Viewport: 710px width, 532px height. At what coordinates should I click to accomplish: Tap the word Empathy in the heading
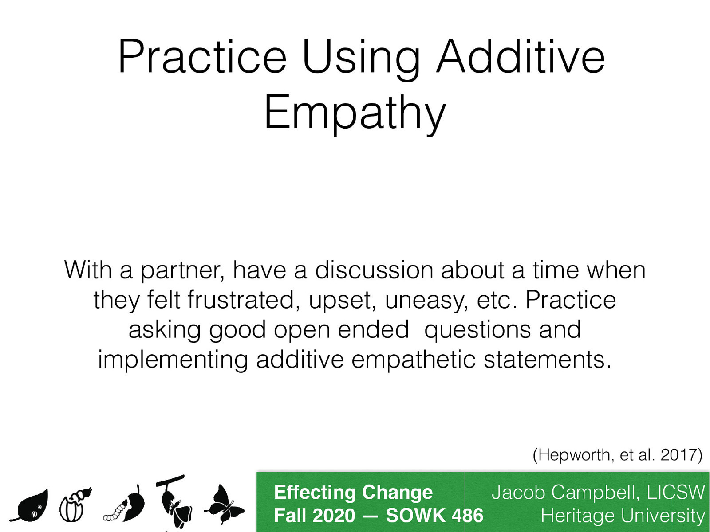(355, 113)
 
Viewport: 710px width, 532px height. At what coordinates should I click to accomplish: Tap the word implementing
(173, 360)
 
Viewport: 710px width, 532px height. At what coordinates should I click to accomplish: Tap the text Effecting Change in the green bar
(353, 493)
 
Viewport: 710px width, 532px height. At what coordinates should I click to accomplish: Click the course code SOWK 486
(434, 516)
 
